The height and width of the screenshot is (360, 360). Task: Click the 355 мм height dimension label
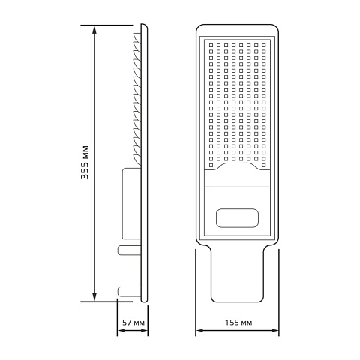85,162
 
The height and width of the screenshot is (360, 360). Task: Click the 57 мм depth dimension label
133,322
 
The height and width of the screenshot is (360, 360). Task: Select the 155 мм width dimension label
238,322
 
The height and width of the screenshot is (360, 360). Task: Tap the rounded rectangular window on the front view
237,218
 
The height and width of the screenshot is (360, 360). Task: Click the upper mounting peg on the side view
129,250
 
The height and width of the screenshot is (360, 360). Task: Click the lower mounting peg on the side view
129,292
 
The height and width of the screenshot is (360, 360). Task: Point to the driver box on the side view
131,203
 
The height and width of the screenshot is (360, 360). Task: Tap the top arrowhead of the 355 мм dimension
94,30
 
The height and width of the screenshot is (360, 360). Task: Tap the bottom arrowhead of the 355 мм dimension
94,297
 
